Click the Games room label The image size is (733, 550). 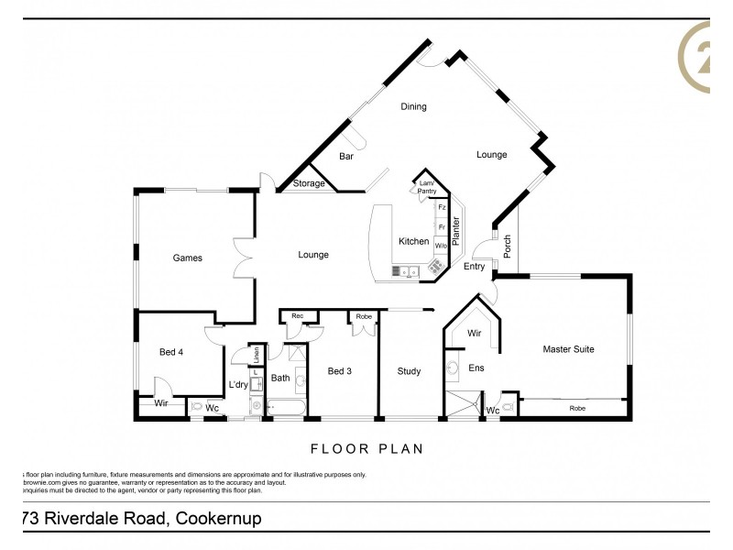187,258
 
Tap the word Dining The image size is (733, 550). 413,107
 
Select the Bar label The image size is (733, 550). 346,157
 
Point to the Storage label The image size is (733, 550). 309,184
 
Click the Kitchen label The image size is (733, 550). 413,242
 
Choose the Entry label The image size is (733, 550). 474,267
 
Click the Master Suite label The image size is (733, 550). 569,348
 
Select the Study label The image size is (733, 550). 409,371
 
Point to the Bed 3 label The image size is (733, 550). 340,371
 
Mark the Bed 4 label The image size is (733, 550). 171,352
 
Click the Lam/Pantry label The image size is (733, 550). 426,187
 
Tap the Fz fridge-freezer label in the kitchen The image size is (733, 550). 441,208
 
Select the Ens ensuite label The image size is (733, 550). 476,368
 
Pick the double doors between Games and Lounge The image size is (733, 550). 242,258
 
